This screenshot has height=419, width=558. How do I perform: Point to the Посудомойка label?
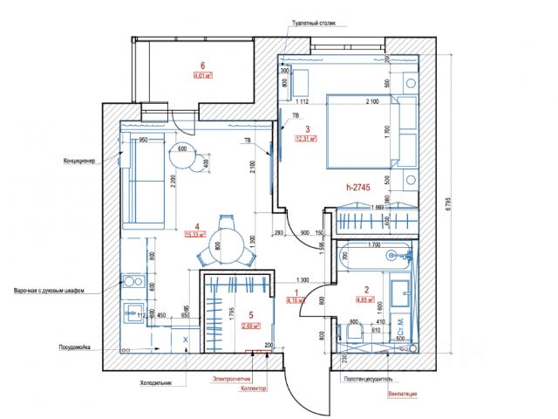82,345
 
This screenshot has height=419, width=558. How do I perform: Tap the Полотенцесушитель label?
371,381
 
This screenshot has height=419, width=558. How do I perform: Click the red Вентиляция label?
403,395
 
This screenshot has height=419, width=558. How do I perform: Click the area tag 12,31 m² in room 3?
305,138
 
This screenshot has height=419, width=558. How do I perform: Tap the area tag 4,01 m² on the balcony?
204,76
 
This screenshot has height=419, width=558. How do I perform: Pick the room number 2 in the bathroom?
366,291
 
